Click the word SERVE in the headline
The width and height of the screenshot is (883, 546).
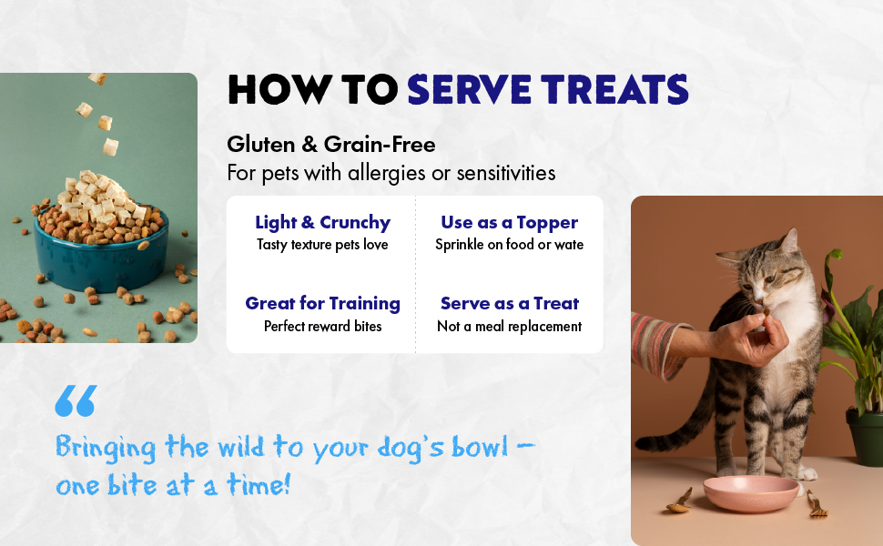pyautogui.click(x=469, y=89)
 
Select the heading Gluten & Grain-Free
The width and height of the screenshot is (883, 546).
pyautogui.click(x=331, y=145)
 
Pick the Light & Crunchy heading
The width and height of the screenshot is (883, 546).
pyautogui.click(x=322, y=222)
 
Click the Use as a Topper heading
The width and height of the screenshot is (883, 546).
pyautogui.click(x=509, y=222)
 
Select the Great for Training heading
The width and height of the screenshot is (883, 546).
pyautogui.click(x=322, y=303)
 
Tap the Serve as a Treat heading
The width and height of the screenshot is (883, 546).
pyautogui.click(x=509, y=303)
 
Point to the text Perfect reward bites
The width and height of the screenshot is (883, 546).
pyautogui.click(x=322, y=327)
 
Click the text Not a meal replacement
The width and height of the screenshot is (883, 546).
pyautogui.click(x=509, y=327)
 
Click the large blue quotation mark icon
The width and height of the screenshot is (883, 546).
pyautogui.click(x=76, y=400)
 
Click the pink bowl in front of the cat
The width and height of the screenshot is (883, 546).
pyautogui.click(x=751, y=493)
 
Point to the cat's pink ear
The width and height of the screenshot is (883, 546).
pyautogui.click(x=789, y=241)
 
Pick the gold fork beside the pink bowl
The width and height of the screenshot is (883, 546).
pyautogui.click(x=817, y=504)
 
